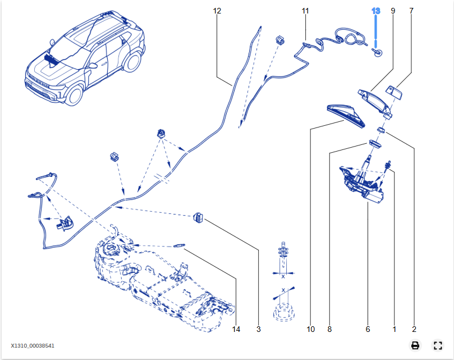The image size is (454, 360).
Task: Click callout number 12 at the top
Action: coord(217,11)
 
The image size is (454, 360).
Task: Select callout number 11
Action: coord(305,11)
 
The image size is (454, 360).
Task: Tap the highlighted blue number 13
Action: coord(376,11)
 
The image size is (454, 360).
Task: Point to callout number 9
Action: coord(393,11)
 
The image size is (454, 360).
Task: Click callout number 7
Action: coord(411,11)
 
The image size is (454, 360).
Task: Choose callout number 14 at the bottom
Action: coord(236,329)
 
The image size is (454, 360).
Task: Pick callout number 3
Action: coord(259,329)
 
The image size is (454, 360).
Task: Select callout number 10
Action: coord(311,329)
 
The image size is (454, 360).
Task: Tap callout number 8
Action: coord(330,329)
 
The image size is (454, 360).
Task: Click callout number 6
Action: coord(368,329)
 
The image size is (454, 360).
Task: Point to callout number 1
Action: coord(394,329)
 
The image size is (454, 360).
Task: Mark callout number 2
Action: coord(414,329)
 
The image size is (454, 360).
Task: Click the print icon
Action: coord(415,345)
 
